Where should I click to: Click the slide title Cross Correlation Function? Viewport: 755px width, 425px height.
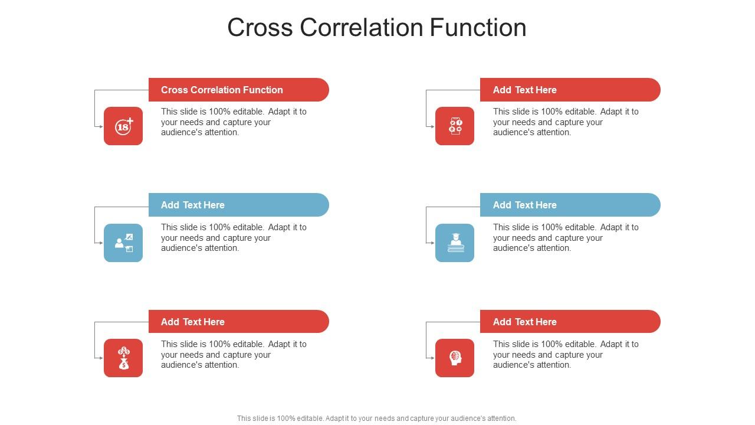tap(376, 28)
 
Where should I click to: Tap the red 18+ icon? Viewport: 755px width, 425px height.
tap(123, 126)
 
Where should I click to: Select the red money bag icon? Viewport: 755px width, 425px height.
tap(123, 358)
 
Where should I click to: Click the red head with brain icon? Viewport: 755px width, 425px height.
tap(455, 358)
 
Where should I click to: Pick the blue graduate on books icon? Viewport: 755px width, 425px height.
tap(455, 243)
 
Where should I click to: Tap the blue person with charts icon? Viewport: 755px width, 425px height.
tap(123, 243)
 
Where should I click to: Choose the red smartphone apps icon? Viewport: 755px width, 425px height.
tap(455, 126)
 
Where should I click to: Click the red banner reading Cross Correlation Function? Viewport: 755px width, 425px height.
tap(238, 90)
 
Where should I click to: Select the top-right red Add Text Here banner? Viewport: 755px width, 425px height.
tap(570, 90)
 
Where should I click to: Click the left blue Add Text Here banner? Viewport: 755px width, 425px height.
tap(238, 205)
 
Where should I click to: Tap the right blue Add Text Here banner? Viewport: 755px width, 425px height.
tap(570, 205)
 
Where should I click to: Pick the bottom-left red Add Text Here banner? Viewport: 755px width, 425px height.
tap(238, 322)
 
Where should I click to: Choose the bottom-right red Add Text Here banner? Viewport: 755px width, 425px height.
tap(570, 322)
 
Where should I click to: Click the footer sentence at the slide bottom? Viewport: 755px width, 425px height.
tap(376, 419)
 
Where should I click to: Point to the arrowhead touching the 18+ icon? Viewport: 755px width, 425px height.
tap(101, 126)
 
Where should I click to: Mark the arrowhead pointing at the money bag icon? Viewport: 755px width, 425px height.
tap(101, 358)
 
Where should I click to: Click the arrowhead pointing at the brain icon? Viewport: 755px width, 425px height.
tap(432, 358)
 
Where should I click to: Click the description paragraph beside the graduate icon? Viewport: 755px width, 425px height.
tap(565, 238)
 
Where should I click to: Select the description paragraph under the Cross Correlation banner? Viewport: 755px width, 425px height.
tap(234, 122)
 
